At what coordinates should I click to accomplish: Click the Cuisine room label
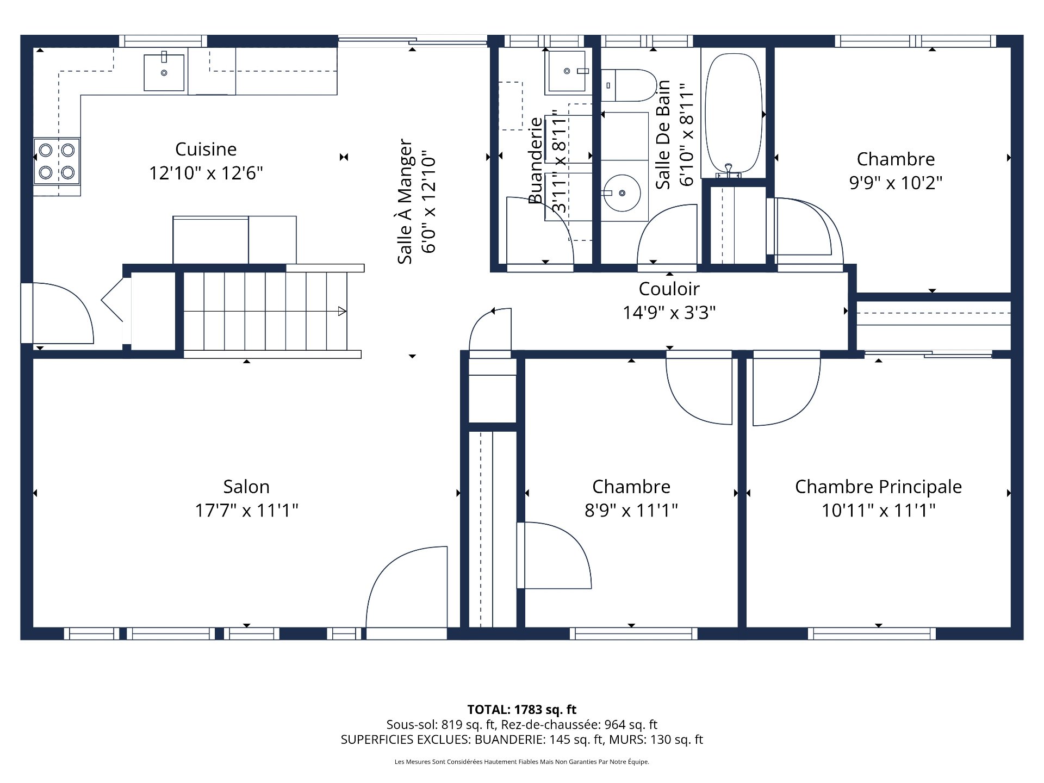coord(206,149)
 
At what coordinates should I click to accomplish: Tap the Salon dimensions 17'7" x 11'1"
coord(246,511)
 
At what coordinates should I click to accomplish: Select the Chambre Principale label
coord(878,487)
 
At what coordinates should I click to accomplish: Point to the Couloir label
coord(669,289)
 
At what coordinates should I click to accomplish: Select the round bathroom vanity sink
coord(623,193)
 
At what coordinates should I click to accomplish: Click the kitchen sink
coord(164,72)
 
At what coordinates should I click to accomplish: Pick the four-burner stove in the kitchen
coord(57,161)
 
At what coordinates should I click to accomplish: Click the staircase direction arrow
coord(342,312)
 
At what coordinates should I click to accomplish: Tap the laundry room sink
coord(567,71)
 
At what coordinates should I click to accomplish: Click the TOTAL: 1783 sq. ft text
coord(522,710)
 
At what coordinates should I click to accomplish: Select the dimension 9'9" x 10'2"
coord(896,183)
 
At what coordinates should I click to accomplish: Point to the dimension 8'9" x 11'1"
coord(631,511)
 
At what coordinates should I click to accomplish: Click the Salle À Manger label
coord(405,202)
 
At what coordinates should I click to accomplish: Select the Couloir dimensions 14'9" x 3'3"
coord(669,313)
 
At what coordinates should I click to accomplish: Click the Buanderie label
coord(536,161)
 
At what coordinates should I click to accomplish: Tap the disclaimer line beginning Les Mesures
coord(522,762)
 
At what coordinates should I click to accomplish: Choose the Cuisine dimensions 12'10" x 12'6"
coord(206,173)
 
